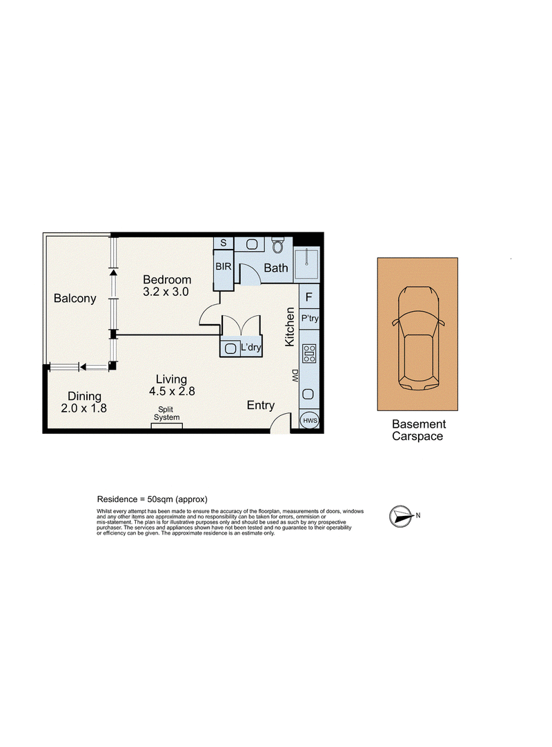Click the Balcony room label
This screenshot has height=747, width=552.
(75, 299)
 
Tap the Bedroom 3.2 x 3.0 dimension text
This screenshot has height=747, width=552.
(166, 292)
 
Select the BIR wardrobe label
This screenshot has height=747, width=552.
(224, 267)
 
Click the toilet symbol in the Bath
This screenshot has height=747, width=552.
(277, 245)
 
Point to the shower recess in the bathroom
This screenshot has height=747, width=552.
(306, 263)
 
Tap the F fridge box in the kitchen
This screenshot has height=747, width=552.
(309, 297)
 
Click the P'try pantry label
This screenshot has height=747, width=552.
(310, 319)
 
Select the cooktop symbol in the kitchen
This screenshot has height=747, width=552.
(309, 353)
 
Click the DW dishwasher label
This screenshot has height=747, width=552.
(295, 376)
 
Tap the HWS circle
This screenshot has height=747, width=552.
(310, 420)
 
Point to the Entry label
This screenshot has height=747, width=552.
(261, 406)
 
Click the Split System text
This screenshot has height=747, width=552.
(166, 414)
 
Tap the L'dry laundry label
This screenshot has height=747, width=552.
(250, 348)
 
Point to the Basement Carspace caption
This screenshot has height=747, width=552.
(419, 430)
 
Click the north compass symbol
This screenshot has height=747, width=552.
(401, 517)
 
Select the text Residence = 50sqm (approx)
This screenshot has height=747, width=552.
(152, 499)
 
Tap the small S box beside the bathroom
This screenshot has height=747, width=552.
(223, 243)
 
